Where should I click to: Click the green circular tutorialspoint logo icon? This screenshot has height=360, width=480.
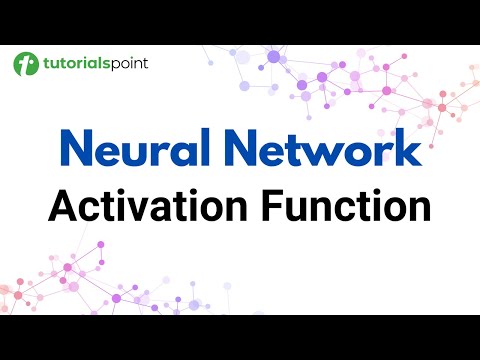point(26,64)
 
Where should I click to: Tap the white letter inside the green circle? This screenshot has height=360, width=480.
point(26,64)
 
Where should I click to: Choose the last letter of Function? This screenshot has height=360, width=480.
point(419,209)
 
